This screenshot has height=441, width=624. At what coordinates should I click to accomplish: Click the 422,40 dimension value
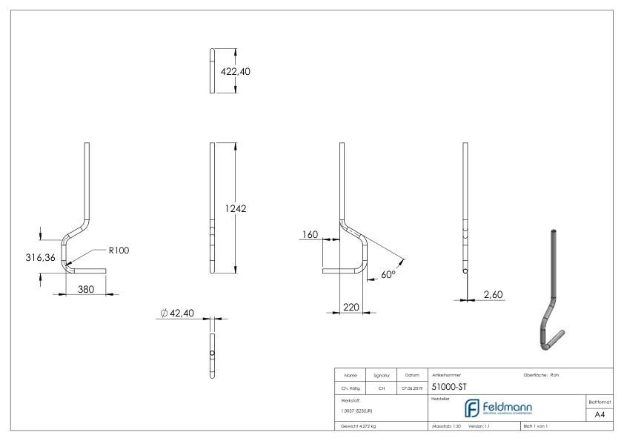coord(238,72)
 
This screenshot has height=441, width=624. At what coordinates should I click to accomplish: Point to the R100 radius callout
coord(119,251)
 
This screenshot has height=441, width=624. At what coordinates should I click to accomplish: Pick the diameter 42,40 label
coord(176,314)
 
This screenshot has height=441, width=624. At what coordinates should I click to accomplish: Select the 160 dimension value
coord(309,235)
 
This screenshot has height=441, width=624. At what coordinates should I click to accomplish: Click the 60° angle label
coord(388,274)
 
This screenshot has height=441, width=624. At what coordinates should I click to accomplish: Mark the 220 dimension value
coord(351,305)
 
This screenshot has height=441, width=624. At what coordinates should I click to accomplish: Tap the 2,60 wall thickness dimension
coord(493,295)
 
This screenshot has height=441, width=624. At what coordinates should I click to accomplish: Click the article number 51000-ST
coord(448,386)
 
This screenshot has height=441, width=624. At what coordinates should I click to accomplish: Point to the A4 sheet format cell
coord(600,416)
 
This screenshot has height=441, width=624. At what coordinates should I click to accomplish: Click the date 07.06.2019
coord(412,387)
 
